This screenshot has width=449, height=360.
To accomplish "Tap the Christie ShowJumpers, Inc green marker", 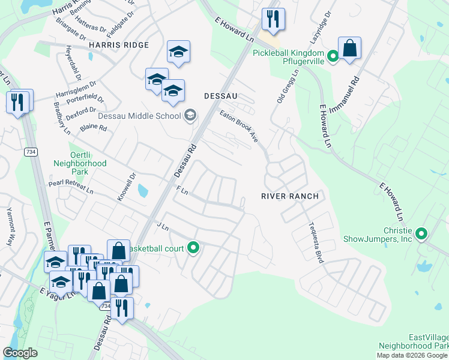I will point(421,234).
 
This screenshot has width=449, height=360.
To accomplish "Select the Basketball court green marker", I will point(193,247).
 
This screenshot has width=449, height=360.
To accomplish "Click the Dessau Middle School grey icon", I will point(190,115).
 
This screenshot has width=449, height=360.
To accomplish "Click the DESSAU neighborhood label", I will point(221,95).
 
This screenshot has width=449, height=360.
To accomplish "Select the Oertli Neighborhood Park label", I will point(80,159).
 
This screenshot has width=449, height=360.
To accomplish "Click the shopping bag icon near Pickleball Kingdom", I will point(349,48).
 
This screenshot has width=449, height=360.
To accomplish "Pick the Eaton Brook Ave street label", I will point(238,126).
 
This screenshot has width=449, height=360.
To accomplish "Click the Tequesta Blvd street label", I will point(316,243).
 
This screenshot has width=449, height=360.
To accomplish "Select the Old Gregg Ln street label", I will point(288,86).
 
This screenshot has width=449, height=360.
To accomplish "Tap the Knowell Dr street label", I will point(127,187).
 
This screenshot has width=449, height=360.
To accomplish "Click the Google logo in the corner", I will point(20,352).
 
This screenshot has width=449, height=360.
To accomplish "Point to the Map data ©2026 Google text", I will point(412,355).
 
